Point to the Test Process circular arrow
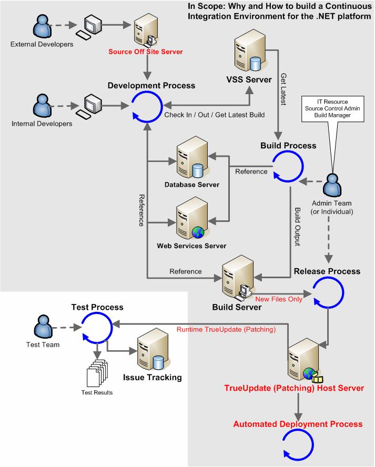click(95, 328)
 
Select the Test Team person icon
click(42, 328)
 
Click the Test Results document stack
click(96, 373)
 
